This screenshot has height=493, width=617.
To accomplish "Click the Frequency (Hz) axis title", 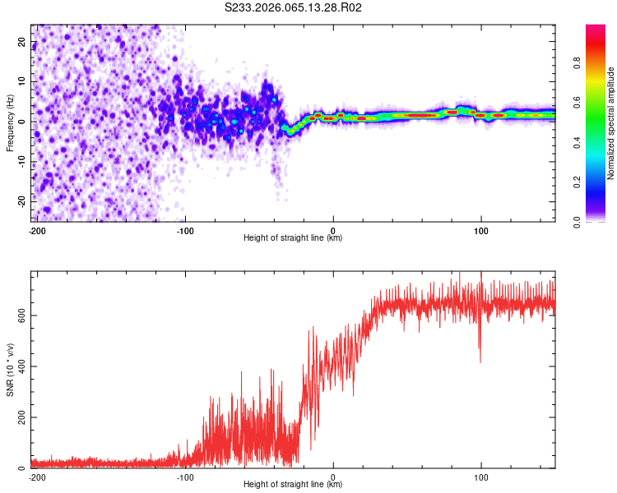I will [10, 122].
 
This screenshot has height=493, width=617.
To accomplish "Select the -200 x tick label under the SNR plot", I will [37, 477].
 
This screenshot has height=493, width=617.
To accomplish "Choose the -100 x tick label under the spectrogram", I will [185, 231].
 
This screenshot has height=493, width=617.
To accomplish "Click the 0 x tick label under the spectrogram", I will [333, 231].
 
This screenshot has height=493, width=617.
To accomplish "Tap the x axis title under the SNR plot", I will [293, 486].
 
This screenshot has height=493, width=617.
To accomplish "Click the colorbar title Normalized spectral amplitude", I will [610, 123].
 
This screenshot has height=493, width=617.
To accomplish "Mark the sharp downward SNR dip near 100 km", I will [480, 360].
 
